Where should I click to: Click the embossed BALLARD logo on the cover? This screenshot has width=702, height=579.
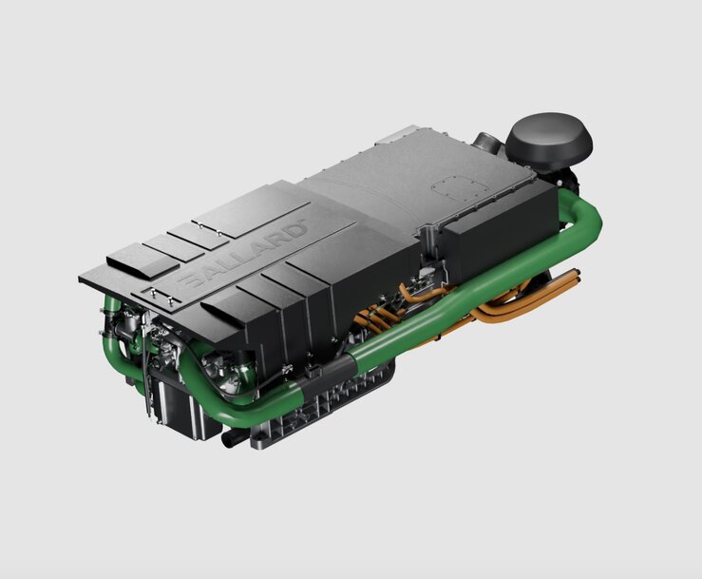tap(242, 254)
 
